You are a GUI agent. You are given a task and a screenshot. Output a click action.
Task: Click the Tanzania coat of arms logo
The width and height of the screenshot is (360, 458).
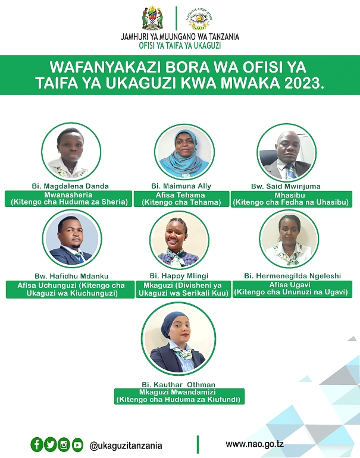pyautogui.click(x=152, y=18)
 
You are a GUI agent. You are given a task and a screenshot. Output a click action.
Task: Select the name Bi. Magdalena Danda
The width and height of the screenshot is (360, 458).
pyautogui.click(x=70, y=186)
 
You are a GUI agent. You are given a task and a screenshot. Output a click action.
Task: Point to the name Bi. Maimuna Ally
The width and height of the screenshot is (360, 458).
pyautogui.click(x=181, y=186)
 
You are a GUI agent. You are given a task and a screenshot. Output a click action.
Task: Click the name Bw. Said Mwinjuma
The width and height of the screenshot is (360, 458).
pyautogui.click(x=286, y=186)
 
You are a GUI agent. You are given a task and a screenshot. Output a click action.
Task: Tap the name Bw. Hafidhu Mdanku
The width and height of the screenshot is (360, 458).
pyautogui.click(x=71, y=276)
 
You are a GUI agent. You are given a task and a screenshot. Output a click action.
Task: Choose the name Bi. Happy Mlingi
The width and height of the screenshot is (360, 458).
pyautogui.click(x=179, y=276)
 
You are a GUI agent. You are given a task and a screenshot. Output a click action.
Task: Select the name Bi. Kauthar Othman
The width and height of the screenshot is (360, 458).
pyautogui.click(x=179, y=385)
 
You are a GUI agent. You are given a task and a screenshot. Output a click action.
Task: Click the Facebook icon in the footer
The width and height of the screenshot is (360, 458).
pyautogui.click(x=37, y=445)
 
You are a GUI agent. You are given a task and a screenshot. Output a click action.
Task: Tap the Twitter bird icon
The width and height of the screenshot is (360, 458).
pyautogui.click(x=50, y=445)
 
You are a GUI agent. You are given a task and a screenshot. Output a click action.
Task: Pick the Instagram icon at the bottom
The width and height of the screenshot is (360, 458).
pyautogui.click(x=64, y=445)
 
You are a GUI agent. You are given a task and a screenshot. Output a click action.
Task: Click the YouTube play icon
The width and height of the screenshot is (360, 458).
pyautogui.click(x=77, y=445)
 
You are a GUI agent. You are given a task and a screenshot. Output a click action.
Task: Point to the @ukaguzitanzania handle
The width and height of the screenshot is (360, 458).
pyautogui.click(x=126, y=446)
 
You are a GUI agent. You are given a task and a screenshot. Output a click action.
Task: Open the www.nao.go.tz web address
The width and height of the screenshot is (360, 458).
pyautogui.click(x=255, y=444)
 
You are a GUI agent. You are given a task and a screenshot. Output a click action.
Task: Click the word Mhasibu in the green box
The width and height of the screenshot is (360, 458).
pyautogui.click(x=290, y=195)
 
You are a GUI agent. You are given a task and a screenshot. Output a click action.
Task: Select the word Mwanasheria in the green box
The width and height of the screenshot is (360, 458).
pyautogui.click(x=68, y=195)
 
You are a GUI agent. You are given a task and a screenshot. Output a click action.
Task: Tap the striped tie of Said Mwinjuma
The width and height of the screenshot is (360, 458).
pyautogui.click(x=291, y=171)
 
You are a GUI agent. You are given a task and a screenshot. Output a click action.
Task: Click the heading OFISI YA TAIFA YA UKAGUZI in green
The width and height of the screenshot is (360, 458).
pyautogui.click(x=180, y=46)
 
